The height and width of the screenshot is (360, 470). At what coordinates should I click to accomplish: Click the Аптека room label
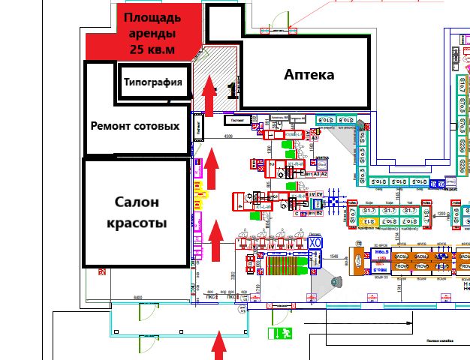(x=309, y=75)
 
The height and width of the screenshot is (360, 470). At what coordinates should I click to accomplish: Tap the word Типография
(x=153, y=82)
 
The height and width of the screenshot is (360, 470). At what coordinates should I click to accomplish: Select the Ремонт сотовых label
(x=135, y=125)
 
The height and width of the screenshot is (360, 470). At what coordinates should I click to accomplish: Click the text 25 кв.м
(x=152, y=49)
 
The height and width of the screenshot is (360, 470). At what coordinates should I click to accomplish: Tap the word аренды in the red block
(x=152, y=34)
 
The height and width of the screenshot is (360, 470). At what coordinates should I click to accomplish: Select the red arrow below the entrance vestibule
(x=219, y=345)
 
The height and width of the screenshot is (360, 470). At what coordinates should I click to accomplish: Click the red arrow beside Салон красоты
(x=215, y=238)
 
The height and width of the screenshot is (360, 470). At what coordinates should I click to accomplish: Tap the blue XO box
(x=315, y=243)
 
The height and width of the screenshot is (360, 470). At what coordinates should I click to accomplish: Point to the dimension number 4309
(x=227, y=136)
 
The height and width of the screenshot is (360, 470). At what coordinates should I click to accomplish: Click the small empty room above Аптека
(x=223, y=23)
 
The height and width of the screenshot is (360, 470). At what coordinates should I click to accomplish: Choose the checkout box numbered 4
(x=240, y=201)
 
